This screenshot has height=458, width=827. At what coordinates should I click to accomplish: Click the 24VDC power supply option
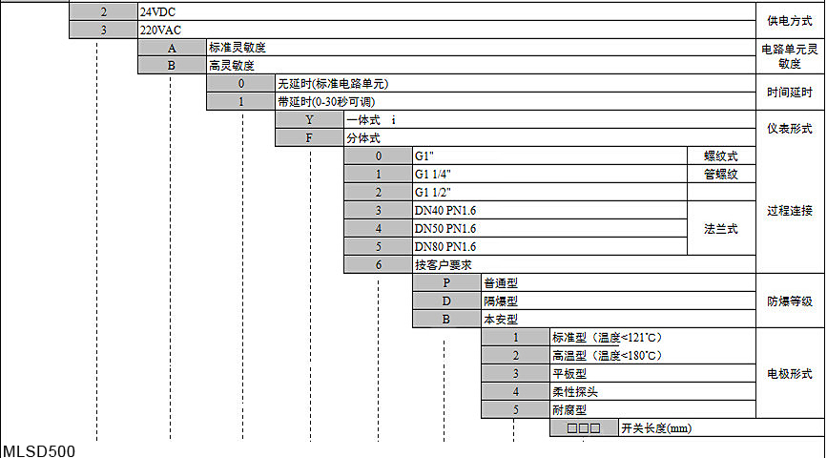(x=157, y=12)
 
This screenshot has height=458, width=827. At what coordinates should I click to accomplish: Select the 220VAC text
(x=160, y=31)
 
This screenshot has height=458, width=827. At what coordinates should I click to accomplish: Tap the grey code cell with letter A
(x=172, y=49)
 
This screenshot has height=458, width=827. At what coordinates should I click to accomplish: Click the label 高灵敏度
(x=232, y=66)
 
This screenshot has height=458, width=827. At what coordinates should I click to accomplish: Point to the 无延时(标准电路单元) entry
(x=333, y=84)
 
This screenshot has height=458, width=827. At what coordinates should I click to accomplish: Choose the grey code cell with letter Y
(x=309, y=120)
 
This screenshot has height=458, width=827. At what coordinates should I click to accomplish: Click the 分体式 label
(x=363, y=138)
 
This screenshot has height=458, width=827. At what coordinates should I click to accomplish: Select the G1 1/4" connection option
(x=432, y=174)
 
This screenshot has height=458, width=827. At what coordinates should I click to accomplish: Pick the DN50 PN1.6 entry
(x=445, y=228)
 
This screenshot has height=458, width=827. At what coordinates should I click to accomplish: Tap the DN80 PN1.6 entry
(x=445, y=246)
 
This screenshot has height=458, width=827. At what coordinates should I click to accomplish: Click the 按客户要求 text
(x=443, y=265)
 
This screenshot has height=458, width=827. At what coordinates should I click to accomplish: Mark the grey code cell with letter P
(x=446, y=282)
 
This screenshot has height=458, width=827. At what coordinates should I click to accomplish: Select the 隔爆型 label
(x=501, y=302)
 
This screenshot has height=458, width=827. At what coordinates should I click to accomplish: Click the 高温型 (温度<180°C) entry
(x=607, y=356)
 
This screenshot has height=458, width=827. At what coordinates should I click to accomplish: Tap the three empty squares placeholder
(x=584, y=427)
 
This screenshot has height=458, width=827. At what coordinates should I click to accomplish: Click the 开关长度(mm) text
(x=656, y=428)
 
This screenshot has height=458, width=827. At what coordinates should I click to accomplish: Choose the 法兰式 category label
(x=721, y=228)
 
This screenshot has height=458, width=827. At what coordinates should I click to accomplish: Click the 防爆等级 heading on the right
(x=790, y=302)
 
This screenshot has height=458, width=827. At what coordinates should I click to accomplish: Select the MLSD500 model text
(x=39, y=451)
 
